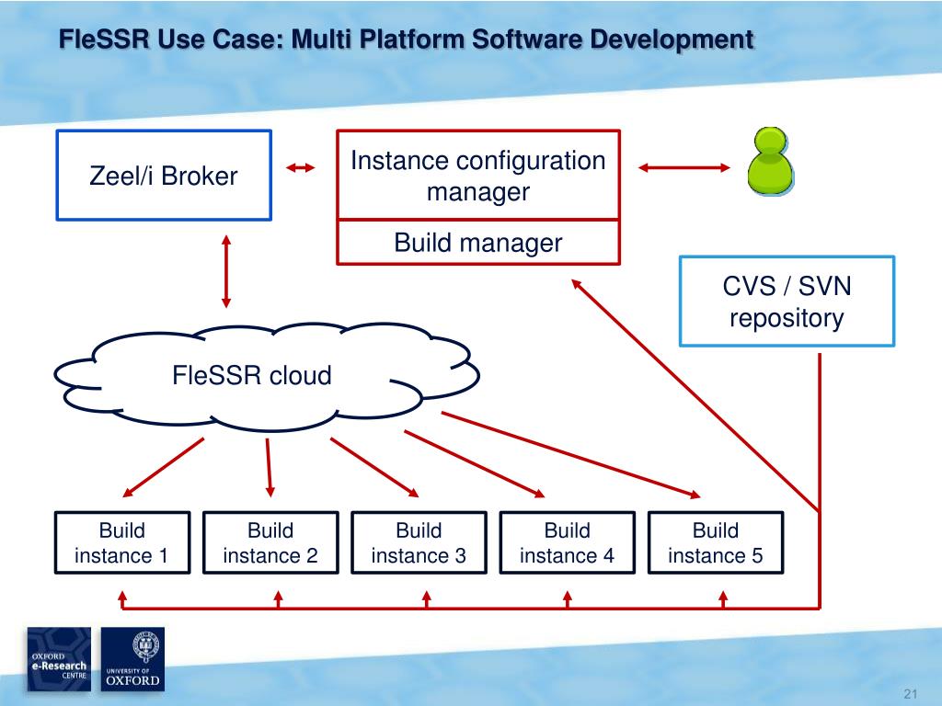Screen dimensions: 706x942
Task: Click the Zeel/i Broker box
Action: pyautogui.click(x=164, y=176)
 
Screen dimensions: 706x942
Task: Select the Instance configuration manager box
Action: pyautogui.click(x=478, y=176)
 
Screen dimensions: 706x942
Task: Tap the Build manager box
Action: pyautogui.click(x=478, y=243)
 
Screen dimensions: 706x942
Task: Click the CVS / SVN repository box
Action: pyautogui.click(x=787, y=302)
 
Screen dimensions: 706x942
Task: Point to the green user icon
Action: pyautogui.click(x=769, y=162)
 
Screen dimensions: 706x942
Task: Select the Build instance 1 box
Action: pyautogui.click(x=122, y=542)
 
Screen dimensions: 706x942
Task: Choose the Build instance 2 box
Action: pyautogui.click(x=270, y=542)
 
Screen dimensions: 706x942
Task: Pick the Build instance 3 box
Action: pyautogui.click(x=419, y=542)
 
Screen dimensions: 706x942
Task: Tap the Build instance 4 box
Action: pyautogui.click(x=567, y=542)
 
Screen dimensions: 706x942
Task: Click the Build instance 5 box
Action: pyautogui.click(x=716, y=542)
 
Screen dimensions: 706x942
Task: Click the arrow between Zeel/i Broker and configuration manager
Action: pyautogui.click(x=300, y=167)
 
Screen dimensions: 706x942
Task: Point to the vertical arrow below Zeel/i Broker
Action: pyautogui.click(x=225, y=270)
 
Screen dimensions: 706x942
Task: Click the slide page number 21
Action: pyautogui.click(x=913, y=692)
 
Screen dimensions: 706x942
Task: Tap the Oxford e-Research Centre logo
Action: pyautogui.click(x=59, y=659)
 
